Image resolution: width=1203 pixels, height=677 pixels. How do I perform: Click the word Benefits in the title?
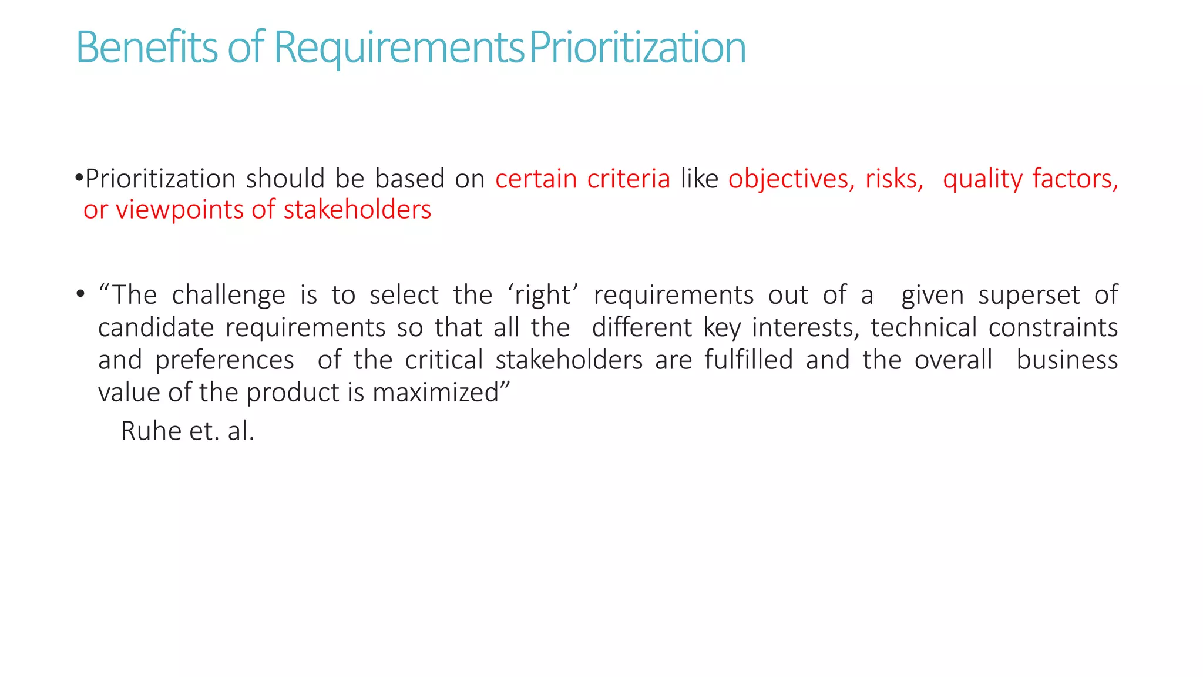146,47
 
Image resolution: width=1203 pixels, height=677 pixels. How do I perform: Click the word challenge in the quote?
228,295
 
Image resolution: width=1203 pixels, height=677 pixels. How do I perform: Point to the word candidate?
156,327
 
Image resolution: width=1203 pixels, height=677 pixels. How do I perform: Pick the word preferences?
224,360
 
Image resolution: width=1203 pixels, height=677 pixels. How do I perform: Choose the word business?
1067,360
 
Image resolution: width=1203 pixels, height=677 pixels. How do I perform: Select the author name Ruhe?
151,431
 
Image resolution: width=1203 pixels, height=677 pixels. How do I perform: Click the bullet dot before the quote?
80,293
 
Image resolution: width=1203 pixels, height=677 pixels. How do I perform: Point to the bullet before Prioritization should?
79,177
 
